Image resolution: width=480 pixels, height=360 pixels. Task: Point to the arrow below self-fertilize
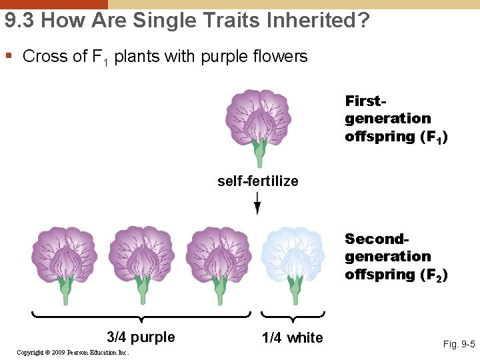(258, 204)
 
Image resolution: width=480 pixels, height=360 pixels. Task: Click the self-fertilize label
(257, 181)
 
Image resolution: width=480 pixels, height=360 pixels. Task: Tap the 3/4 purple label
(141, 337)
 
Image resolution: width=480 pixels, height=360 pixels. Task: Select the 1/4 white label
(292, 338)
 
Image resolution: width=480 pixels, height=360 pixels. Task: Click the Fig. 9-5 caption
(459, 345)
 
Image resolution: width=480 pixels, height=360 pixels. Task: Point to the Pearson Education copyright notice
(73, 352)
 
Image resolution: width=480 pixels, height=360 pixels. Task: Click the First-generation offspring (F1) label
(395, 119)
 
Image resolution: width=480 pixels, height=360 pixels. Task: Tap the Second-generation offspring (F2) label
(395, 257)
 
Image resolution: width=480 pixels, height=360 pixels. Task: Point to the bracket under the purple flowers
(141, 315)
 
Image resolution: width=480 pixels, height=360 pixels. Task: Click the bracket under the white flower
(293, 315)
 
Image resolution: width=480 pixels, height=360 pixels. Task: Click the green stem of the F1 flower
(258, 156)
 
